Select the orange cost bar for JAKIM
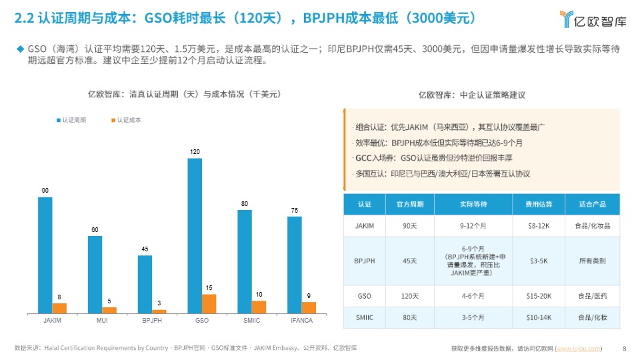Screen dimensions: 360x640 59,308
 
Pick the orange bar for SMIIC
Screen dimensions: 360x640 259,307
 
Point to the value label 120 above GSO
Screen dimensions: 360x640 195,153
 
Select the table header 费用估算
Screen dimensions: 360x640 538,204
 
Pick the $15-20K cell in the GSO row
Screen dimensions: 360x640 538,296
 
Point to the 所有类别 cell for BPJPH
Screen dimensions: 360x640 592,261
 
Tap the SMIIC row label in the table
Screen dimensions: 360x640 365,317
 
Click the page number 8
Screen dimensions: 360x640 624,348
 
